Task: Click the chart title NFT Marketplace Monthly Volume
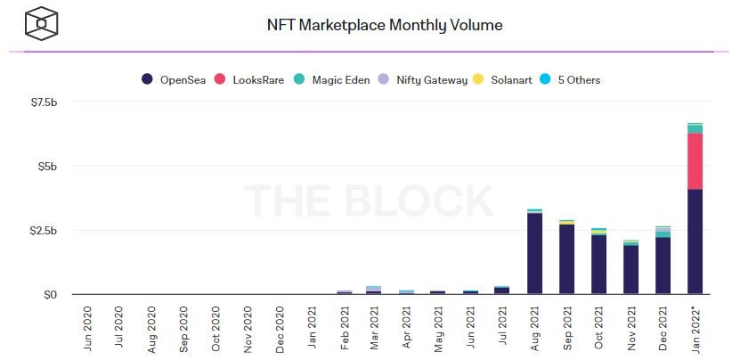click(385, 25)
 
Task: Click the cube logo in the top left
click(41, 24)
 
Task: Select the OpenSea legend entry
click(175, 80)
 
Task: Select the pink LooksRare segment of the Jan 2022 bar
click(695, 161)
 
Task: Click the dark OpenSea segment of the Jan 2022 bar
click(695, 241)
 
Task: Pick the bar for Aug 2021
click(535, 253)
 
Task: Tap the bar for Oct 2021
click(599, 264)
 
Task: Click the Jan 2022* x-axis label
click(696, 329)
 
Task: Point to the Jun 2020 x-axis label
click(87, 329)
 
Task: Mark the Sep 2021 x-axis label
click(567, 329)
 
